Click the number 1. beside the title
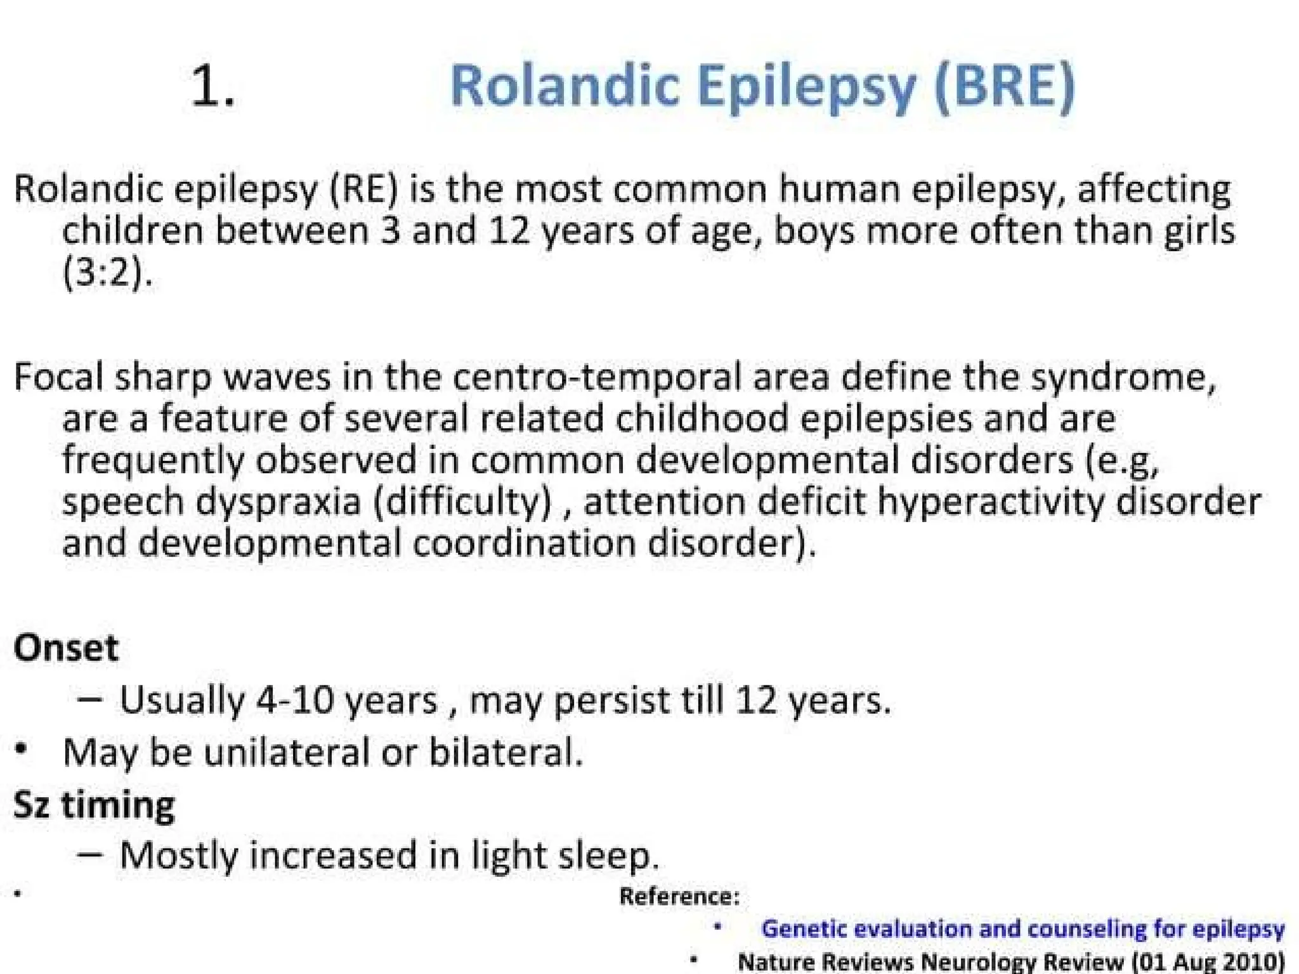[212, 88]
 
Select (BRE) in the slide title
[1005, 88]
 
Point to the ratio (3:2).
[107, 273]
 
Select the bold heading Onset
[66, 648]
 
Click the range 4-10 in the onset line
[295, 700]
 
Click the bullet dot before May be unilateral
[22, 750]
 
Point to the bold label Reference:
[679, 896]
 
